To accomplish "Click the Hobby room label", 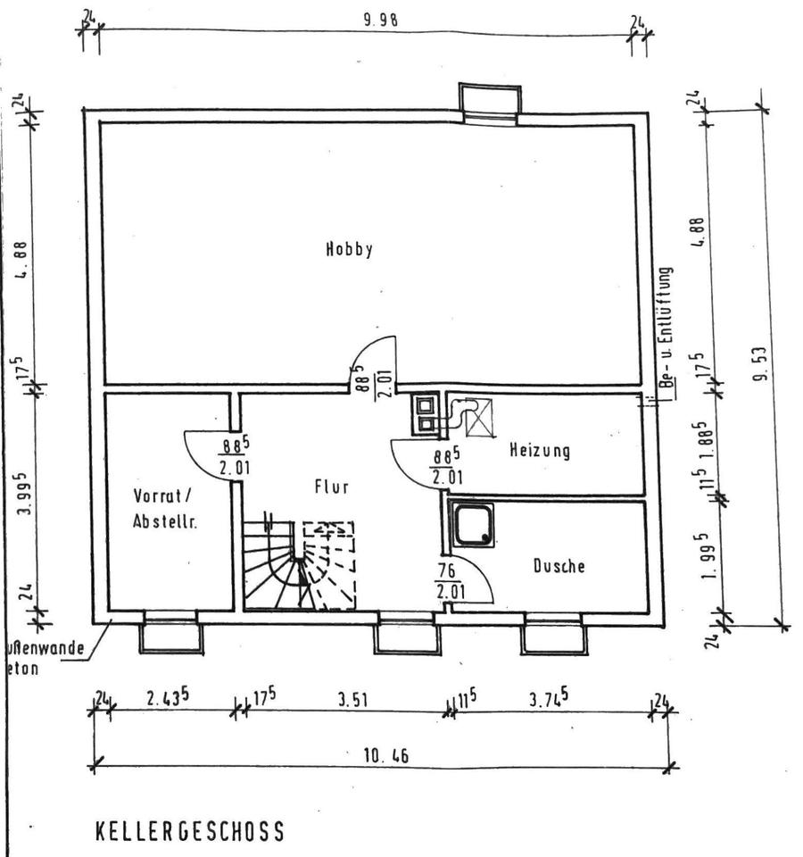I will (349, 250).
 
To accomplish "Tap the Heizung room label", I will (539, 451).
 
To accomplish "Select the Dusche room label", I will (559, 565).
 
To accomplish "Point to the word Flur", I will (331, 487).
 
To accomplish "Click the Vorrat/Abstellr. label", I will (165, 509).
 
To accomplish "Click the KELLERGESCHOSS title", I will (189, 832).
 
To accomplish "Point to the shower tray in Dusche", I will (473, 524).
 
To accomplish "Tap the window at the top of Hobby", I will (489, 105).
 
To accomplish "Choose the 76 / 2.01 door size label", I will (448, 581).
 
